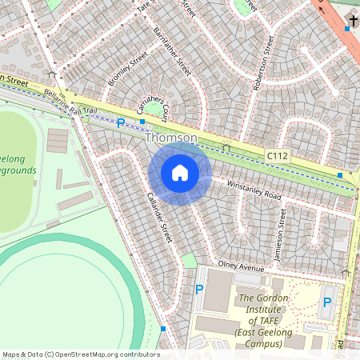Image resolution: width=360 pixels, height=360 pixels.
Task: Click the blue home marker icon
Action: pyautogui.click(x=180, y=173)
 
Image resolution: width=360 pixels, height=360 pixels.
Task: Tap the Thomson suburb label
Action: pyautogui.click(x=171, y=138)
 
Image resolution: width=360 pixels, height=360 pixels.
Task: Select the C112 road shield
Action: pyautogui.click(x=277, y=157)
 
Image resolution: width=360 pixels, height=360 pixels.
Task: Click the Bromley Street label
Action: pyautogui.click(x=128, y=70)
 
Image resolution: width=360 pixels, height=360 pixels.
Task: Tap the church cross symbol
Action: pyautogui.click(x=354, y=21)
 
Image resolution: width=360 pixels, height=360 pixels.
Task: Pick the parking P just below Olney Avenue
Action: pyautogui.click(x=199, y=290)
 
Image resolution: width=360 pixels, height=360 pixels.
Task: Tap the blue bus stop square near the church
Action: pyautogui.click(x=346, y=30)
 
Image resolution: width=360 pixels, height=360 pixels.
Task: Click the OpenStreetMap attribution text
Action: pyautogui.click(x=80, y=354)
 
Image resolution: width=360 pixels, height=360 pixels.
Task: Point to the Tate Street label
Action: pyautogui.click(x=144, y=6)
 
